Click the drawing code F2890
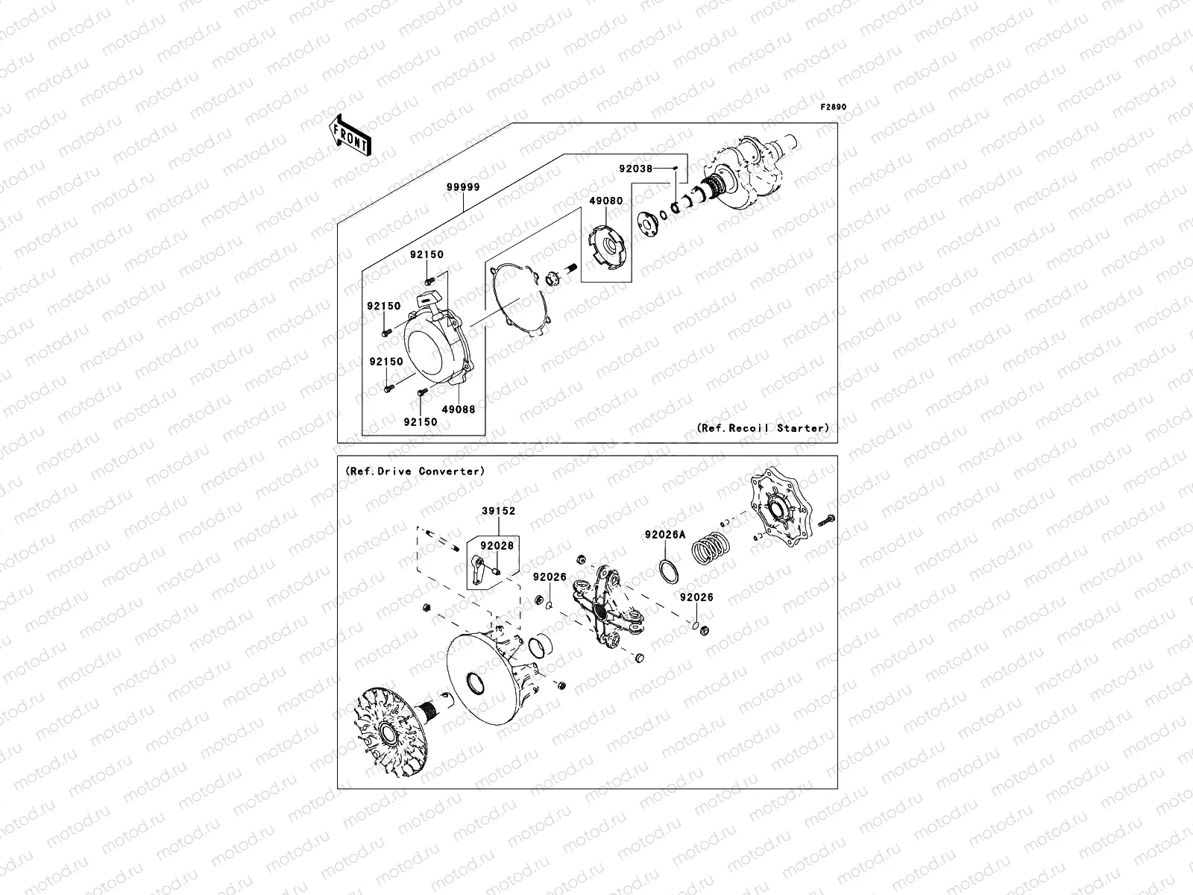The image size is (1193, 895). (834, 107)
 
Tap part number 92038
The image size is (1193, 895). (635, 169)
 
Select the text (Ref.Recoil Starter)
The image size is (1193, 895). (763, 428)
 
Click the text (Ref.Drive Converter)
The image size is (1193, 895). (415, 471)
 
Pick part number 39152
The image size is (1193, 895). (498, 512)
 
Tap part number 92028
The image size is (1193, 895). (497, 546)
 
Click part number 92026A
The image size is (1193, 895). (665, 535)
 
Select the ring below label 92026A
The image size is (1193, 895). (669, 573)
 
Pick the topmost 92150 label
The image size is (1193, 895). (426, 254)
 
